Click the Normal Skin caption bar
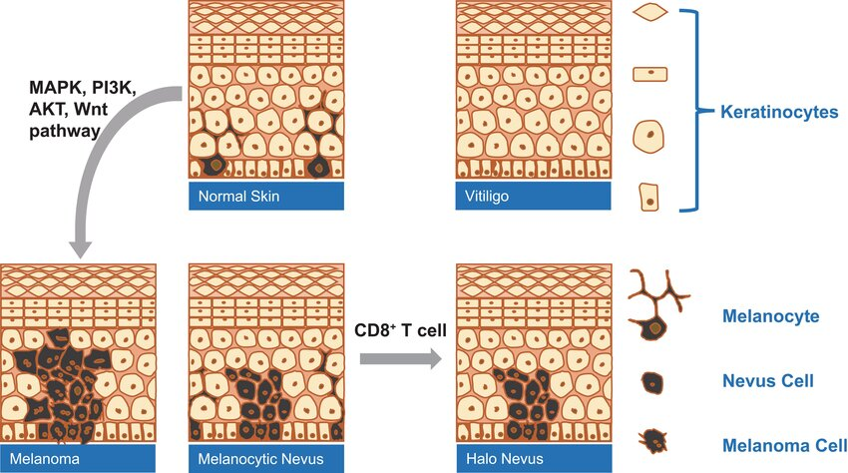click(265, 196)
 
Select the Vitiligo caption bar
click(532, 196)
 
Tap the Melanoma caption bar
click(78, 458)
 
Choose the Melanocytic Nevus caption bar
click(265, 458)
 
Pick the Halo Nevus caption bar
click(532, 458)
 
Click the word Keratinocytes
click(778, 113)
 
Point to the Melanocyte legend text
click(769, 316)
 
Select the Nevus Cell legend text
click(767, 380)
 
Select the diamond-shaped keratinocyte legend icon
click(650, 12)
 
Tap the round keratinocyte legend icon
click(650, 133)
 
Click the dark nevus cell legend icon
click(651, 381)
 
